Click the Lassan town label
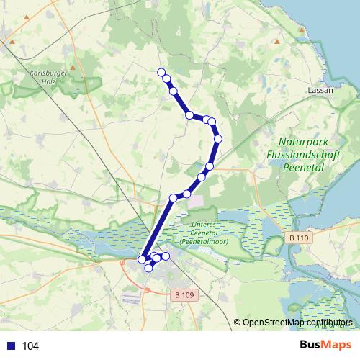[x=318, y=91]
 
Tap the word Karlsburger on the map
[x=49, y=73]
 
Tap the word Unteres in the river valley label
[x=204, y=225]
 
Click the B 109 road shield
[x=184, y=294]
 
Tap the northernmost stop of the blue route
[x=161, y=71]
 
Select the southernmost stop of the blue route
[x=149, y=268]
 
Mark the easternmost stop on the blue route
[x=218, y=138]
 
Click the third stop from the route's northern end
[x=174, y=91]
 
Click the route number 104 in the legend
[x=31, y=346]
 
